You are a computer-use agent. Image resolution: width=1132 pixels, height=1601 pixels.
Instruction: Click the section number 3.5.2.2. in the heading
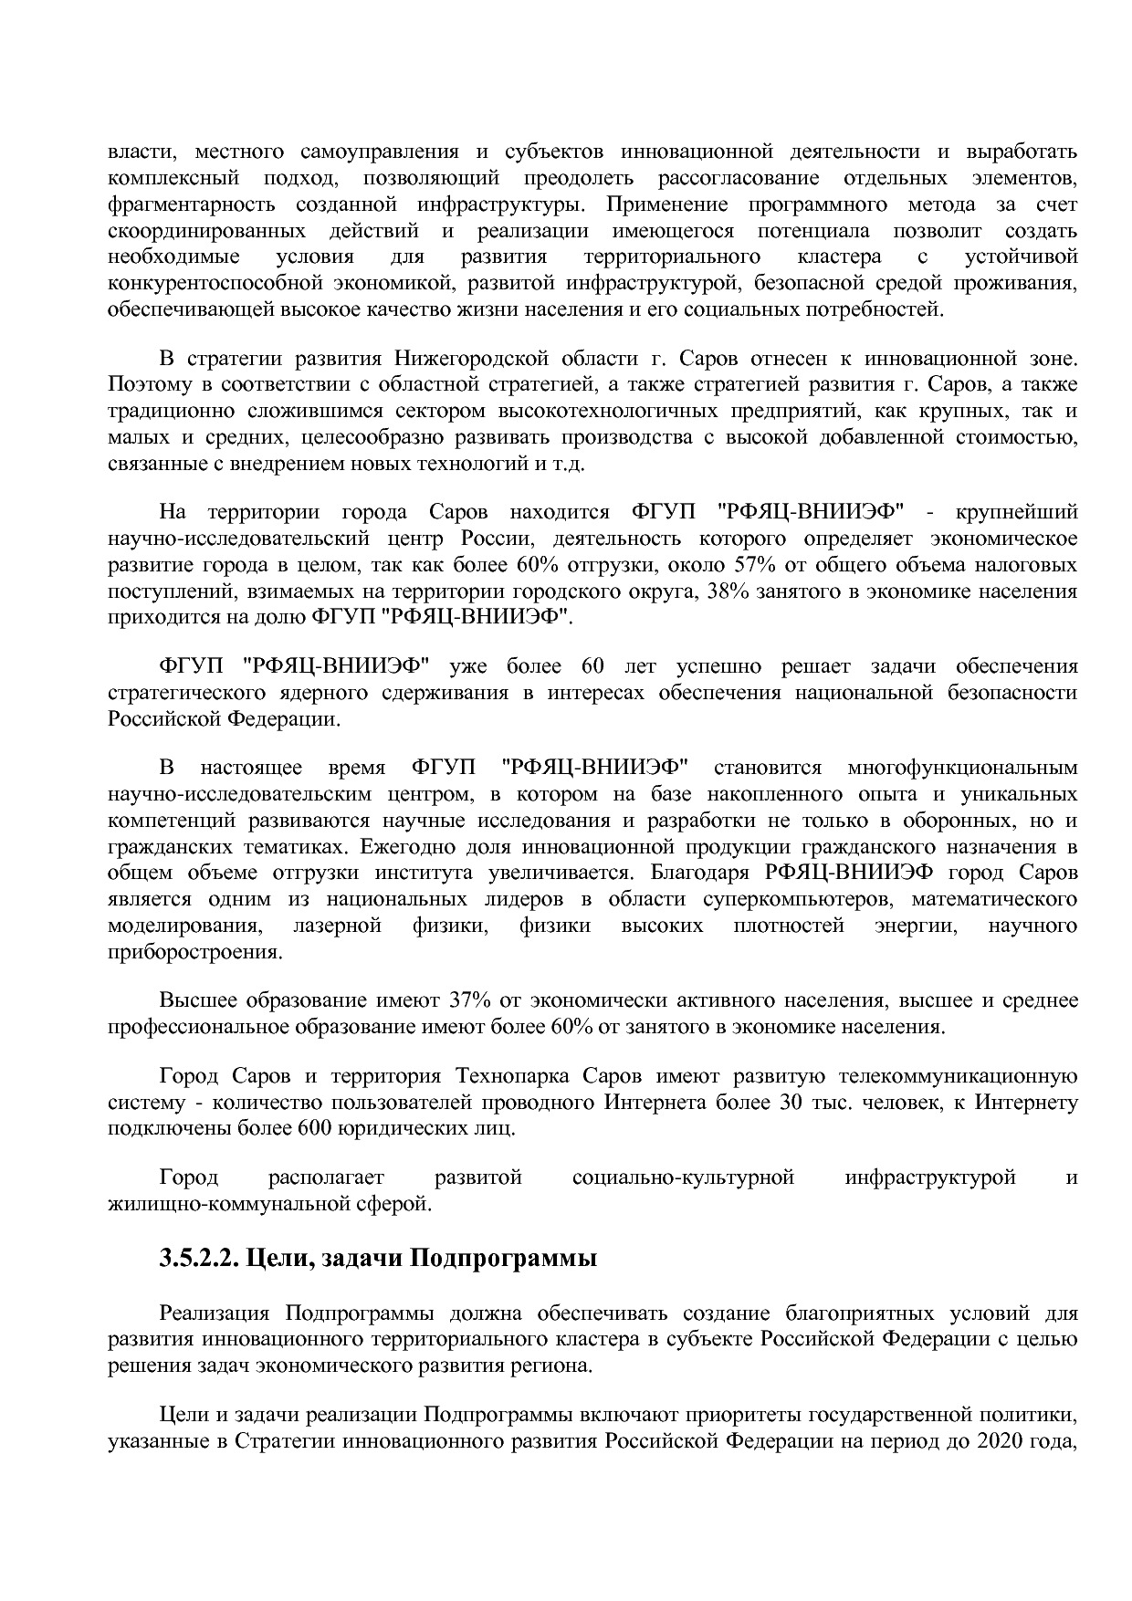[x=198, y=1259]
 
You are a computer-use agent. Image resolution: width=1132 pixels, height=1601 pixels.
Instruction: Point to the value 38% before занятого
[x=727, y=591]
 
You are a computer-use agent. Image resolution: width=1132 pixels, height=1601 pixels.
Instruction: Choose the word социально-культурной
[x=683, y=1177]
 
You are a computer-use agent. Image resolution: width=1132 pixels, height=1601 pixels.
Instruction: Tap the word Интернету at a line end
[x=1026, y=1102]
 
